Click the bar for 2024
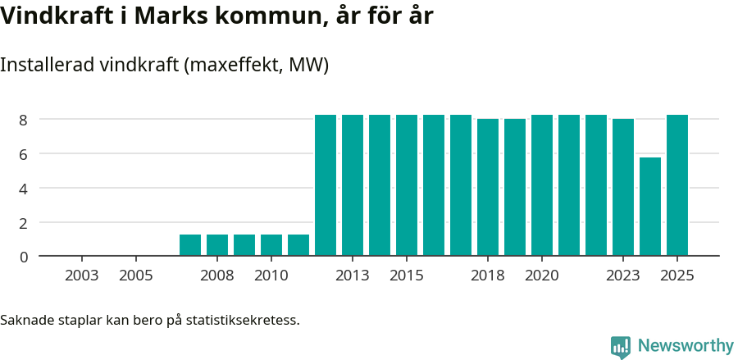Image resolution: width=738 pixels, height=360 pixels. [x=650, y=207]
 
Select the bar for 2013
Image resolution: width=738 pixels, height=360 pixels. [x=353, y=185]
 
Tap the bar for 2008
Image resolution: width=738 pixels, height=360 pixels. [x=217, y=245]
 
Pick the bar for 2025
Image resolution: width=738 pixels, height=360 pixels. [x=677, y=185]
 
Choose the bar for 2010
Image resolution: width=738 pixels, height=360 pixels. [x=271, y=245]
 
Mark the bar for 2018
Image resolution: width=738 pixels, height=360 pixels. [x=488, y=188]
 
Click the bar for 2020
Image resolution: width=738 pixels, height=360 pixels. [x=542, y=185]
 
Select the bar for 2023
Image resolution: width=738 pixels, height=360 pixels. [x=623, y=188]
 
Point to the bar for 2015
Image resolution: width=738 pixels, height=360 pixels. [x=407, y=185]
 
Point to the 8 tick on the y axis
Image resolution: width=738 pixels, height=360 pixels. [x=25, y=120]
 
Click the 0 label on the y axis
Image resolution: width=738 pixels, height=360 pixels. [x=25, y=257]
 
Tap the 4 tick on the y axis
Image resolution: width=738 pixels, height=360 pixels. [x=25, y=189]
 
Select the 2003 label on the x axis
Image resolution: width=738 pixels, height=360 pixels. [x=82, y=276]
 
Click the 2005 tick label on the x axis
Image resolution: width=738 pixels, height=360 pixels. [x=136, y=276]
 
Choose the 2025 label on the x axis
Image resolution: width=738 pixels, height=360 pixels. [x=677, y=276]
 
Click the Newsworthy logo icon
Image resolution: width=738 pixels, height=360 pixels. [x=621, y=347]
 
